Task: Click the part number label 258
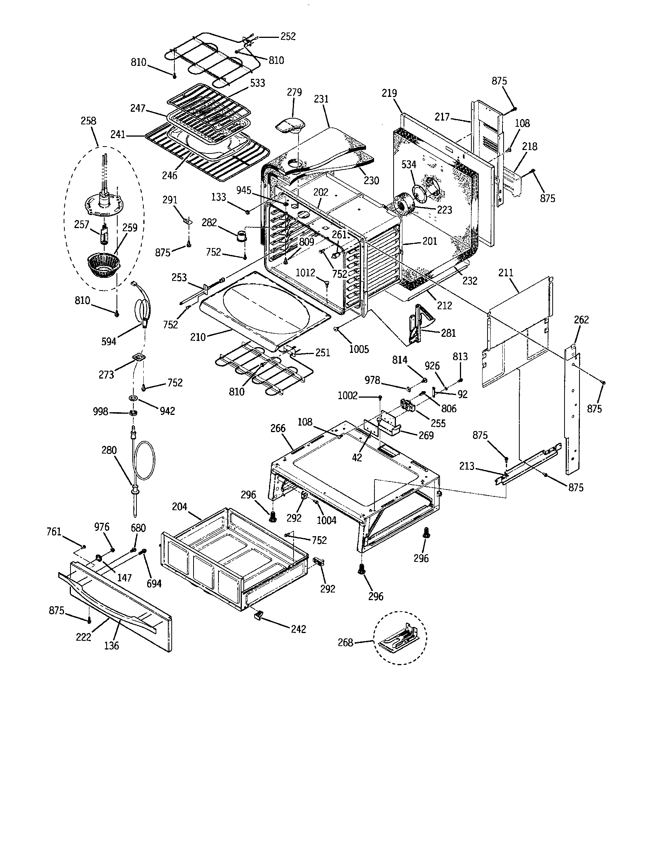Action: click(x=89, y=121)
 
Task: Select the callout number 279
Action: click(x=294, y=93)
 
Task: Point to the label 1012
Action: click(x=305, y=273)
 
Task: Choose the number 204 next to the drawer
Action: click(x=179, y=507)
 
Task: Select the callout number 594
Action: click(x=108, y=341)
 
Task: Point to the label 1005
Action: click(x=359, y=349)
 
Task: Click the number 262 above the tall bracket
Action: click(x=581, y=320)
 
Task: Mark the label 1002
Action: click(x=347, y=396)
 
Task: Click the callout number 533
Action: click(x=258, y=83)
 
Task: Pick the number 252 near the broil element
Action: click(x=288, y=36)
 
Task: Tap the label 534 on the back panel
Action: click(x=409, y=165)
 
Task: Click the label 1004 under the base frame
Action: click(x=327, y=520)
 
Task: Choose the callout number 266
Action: click(x=278, y=428)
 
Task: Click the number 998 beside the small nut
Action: click(x=100, y=412)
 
